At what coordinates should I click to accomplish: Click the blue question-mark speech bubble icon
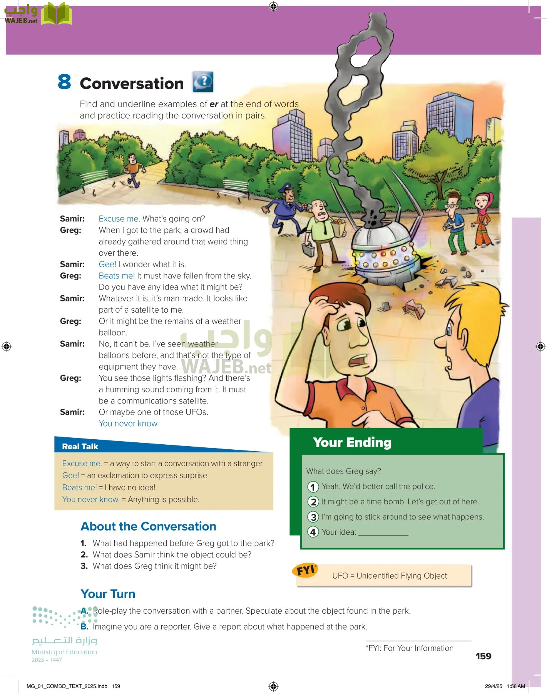(x=203, y=82)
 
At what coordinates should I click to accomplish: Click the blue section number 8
(x=65, y=82)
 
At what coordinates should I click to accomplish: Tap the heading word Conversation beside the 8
(x=132, y=84)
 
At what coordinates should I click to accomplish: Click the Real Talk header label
(x=80, y=447)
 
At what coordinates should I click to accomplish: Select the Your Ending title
(x=352, y=442)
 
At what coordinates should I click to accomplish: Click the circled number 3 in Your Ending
(x=313, y=517)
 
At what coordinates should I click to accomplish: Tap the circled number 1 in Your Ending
(x=313, y=487)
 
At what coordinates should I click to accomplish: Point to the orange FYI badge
(x=306, y=570)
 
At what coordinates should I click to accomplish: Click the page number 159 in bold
(x=483, y=656)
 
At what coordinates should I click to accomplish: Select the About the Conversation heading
(x=148, y=526)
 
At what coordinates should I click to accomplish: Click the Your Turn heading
(x=108, y=594)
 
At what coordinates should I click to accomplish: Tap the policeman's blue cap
(x=287, y=188)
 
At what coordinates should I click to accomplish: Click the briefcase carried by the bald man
(x=308, y=249)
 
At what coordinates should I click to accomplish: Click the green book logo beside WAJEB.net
(x=57, y=14)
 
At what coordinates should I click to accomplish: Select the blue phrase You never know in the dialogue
(x=129, y=423)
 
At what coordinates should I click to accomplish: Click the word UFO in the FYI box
(x=340, y=576)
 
